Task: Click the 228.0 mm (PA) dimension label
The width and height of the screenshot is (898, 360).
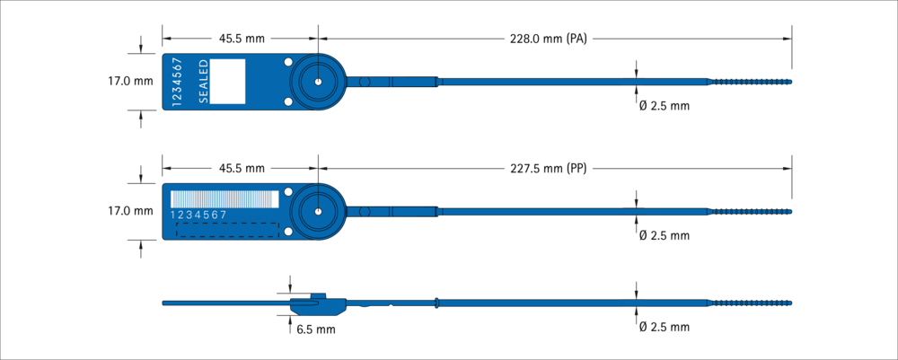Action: click(x=548, y=39)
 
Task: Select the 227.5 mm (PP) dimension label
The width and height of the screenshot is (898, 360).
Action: click(x=548, y=169)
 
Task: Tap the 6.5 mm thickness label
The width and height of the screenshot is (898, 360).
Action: click(x=316, y=329)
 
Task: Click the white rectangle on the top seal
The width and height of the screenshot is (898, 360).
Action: click(x=227, y=82)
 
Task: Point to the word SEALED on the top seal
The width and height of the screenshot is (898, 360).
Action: click(x=203, y=82)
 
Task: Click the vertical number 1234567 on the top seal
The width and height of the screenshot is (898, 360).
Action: click(x=177, y=82)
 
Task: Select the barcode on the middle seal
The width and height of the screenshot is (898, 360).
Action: click(x=224, y=199)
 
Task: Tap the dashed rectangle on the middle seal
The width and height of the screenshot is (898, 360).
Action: click(x=227, y=230)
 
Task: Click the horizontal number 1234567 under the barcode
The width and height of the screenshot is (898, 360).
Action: click(x=198, y=215)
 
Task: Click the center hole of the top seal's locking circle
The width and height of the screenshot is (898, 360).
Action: click(x=318, y=82)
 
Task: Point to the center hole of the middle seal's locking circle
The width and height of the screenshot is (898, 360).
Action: click(x=318, y=211)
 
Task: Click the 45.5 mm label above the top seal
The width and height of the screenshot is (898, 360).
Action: click(x=242, y=39)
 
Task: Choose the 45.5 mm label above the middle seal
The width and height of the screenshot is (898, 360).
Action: click(x=242, y=169)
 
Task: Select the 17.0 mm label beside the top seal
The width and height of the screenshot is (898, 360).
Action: click(x=130, y=82)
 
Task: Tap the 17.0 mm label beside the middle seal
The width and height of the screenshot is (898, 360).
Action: click(x=130, y=211)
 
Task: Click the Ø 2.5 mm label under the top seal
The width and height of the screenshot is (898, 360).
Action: click(x=665, y=106)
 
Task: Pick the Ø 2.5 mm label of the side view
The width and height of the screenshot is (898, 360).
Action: click(x=665, y=328)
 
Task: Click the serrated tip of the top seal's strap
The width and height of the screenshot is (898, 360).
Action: click(x=751, y=82)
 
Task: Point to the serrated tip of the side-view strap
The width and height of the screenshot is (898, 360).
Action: click(x=751, y=303)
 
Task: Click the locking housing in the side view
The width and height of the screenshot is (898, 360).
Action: click(x=318, y=305)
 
